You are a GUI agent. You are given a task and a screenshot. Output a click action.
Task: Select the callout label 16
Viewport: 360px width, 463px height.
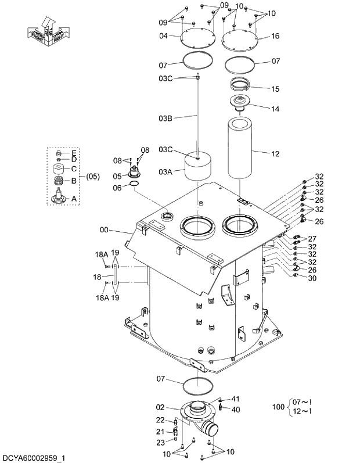pyautogui.click(x=275, y=36)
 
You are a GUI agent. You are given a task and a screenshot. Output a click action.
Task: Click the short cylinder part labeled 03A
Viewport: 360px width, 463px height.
pyautogui.click(x=198, y=167)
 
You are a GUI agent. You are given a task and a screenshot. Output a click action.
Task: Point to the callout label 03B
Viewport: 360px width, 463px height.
pyautogui.click(x=165, y=119)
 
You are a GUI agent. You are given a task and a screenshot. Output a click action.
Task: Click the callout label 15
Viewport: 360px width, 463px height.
pyautogui.click(x=275, y=88)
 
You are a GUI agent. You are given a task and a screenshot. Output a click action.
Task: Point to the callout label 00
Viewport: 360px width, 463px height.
pyautogui.click(x=104, y=230)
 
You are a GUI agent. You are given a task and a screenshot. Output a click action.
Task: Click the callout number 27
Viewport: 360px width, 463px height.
pyautogui.click(x=312, y=239)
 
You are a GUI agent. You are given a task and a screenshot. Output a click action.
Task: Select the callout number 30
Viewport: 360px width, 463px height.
pyautogui.click(x=312, y=278)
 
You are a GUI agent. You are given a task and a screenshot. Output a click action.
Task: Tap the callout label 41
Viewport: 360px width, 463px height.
pyautogui.click(x=235, y=399)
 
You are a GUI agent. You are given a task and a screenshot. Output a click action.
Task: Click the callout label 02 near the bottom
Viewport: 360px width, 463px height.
pyautogui.click(x=161, y=407)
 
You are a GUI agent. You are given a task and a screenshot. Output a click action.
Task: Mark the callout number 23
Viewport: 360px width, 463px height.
pyautogui.click(x=160, y=442)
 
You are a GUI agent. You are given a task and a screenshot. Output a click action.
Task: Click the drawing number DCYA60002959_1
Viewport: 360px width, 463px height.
pyautogui.click(x=33, y=458)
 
